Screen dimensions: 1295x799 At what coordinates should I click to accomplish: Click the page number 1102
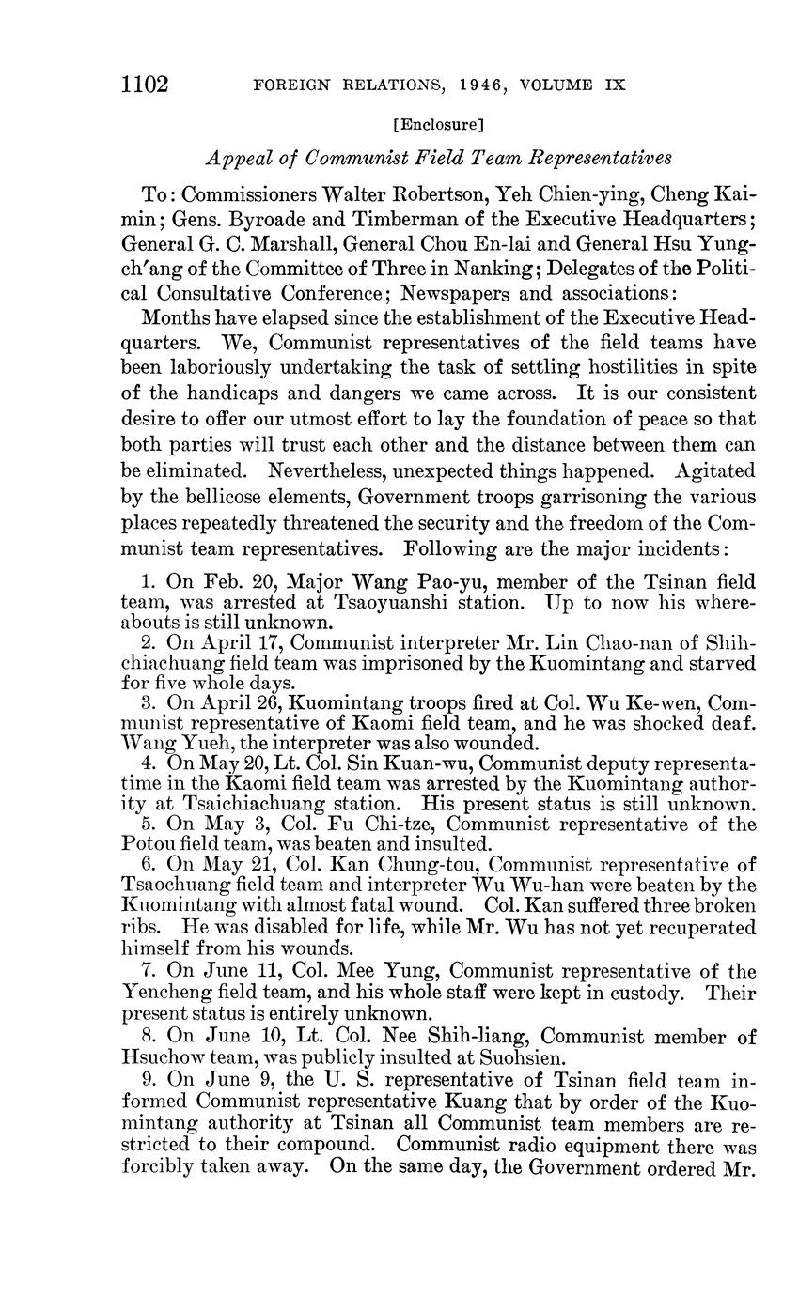pyautogui.click(x=144, y=85)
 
